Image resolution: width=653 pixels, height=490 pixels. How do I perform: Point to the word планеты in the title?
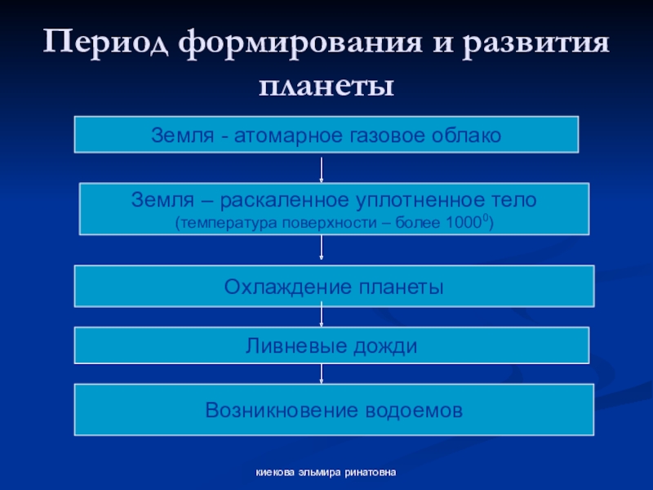(x=326, y=84)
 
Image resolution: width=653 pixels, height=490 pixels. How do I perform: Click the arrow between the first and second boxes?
(x=322, y=167)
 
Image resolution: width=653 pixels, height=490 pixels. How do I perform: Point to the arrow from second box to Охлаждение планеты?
(x=322, y=250)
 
